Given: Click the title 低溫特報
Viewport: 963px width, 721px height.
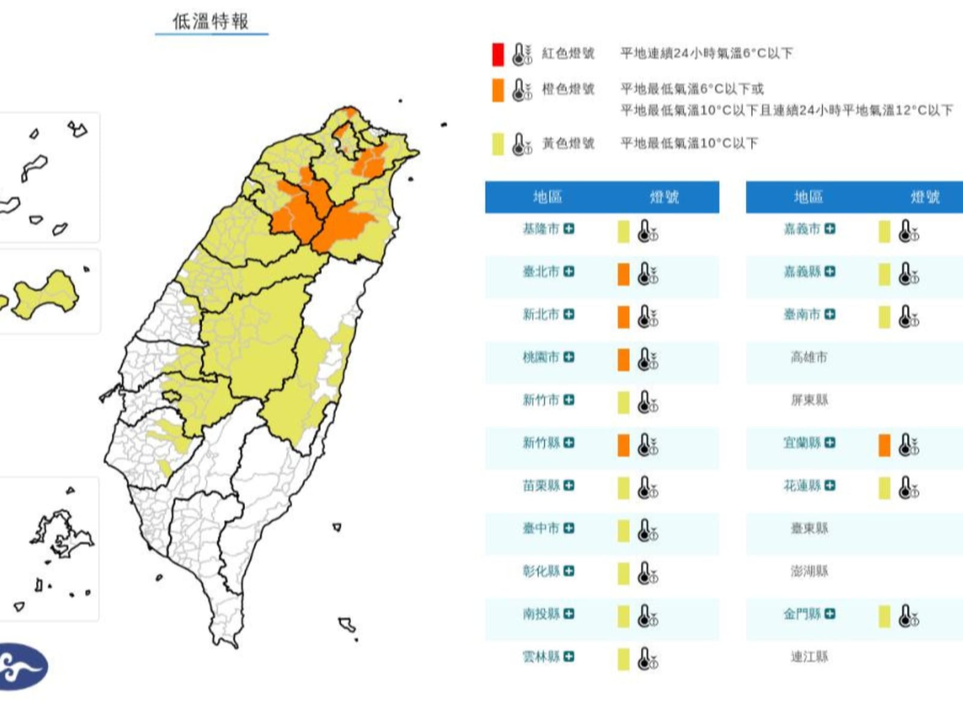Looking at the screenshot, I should [x=211, y=22].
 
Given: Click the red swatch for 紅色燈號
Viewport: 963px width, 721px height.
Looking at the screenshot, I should [x=498, y=54].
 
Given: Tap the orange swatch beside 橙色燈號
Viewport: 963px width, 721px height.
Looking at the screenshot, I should [x=498, y=90].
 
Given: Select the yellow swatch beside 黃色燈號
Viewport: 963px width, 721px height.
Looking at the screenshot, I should [x=498, y=144].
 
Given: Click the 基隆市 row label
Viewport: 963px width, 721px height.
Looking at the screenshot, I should [x=540, y=229].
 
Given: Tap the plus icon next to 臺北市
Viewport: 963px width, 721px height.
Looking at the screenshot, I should [x=569, y=272].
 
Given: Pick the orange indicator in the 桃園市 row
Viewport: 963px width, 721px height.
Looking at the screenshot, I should [x=624, y=360].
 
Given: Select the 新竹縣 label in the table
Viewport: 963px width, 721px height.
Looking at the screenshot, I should [x=540, y=443].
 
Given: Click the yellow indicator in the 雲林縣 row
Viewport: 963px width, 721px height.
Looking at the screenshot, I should [x=624, y=659].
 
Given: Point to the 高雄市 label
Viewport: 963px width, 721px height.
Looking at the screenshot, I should [x=809, y=358].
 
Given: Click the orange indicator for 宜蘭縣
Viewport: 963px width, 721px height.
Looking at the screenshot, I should [x=884, y=445].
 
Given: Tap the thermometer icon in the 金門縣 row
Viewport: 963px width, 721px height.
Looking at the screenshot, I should [x=908, y=616].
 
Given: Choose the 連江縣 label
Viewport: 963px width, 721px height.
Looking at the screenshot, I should [x=809, y=657].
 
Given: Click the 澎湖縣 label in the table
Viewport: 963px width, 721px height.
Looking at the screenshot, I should [x=809, y=571].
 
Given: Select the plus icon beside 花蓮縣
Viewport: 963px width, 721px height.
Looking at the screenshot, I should [x=830, y=485].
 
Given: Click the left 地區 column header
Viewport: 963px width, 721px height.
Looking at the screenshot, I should [x=547, y=197].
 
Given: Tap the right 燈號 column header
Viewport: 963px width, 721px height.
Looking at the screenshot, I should [x=925, y=197].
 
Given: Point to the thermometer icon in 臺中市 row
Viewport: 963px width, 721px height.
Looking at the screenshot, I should [x=647, y=531].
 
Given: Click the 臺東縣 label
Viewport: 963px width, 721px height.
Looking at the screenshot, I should [x=809, y=528].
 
